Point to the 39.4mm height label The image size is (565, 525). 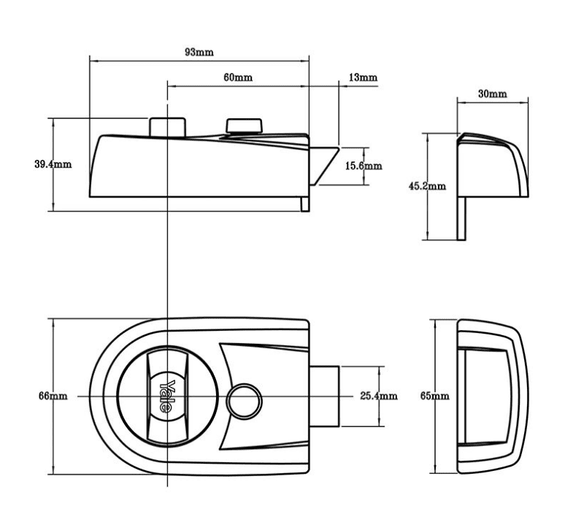[x=53, y=164]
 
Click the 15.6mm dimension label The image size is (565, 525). [x=363, y=166]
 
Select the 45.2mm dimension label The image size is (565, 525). [x=427, y=185]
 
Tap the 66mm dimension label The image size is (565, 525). [x=53, y=396]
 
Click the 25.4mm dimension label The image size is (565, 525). [x=379, y=396]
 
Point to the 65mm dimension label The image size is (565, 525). [x=434, y=396]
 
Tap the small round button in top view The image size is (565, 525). [x=243, y=399]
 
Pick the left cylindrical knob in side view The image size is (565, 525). [x=166, y=126]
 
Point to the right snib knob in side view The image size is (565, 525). [x=244, y=127]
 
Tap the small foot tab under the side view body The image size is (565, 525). [x=304, y=203]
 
